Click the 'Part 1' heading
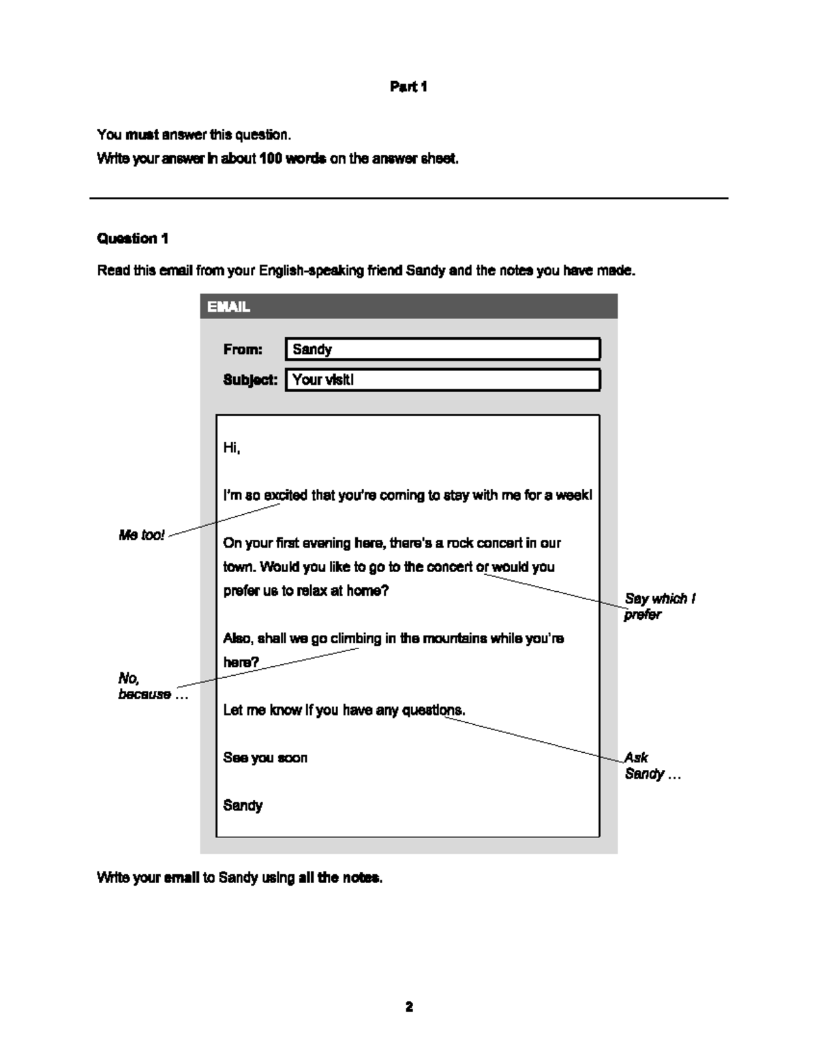coord(408,87)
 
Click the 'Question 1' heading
coord(132,239)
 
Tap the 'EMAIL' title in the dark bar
coord(228,307)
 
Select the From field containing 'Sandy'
coord(442,349)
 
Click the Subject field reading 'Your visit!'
coord(442,380)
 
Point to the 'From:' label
coord(243,349)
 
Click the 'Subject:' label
coord(250,380)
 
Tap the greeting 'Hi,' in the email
coord(232,448)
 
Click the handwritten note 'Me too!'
coord(142,535)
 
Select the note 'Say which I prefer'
coord(658,606)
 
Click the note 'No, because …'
coord(151,686)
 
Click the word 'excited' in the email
coord(286,496)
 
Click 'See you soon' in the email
coord(265,758)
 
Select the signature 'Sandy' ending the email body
coord(243,805)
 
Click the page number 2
coord(409,1006)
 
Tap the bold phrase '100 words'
coord(292,159)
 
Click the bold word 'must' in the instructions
coord(142,134)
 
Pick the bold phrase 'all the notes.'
coord(340,878)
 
